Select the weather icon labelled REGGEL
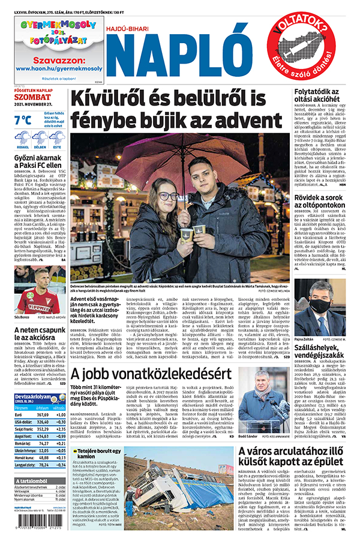22,138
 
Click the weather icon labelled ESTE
57,138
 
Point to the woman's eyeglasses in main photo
169,195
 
